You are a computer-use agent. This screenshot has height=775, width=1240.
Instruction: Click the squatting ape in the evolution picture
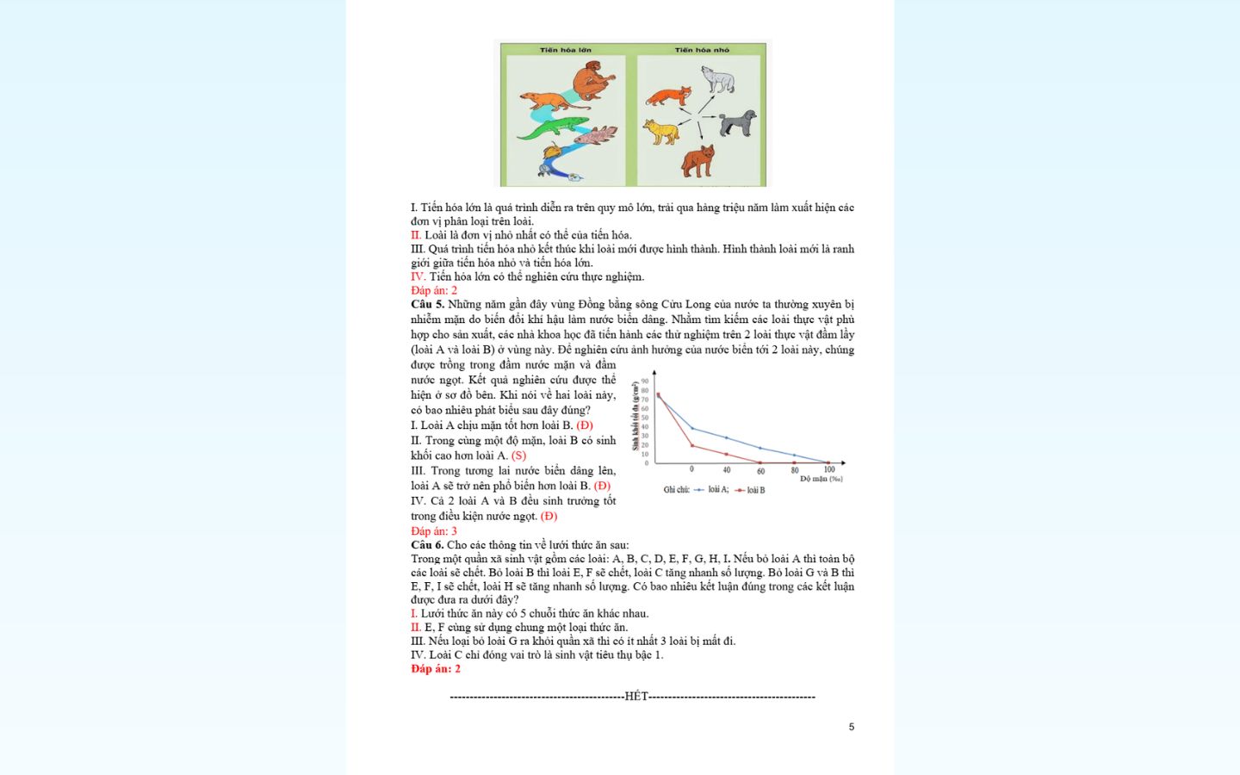tap(594, 81)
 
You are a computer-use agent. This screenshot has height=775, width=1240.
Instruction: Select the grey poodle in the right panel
tap(738, 122)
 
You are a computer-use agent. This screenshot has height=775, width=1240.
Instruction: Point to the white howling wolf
tap(717, 79)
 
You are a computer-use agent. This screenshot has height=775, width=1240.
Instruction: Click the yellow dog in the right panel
tap(661, 132)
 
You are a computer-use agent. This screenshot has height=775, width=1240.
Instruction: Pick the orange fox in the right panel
tap(669, 95)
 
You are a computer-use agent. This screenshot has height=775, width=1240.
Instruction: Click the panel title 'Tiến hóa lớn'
tap(566, 50)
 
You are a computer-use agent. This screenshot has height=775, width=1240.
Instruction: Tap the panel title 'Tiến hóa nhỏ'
tap(702, 50)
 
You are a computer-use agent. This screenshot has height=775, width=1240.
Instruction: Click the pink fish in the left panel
tap(597, 135)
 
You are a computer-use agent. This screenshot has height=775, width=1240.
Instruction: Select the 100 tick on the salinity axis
tap(829, 470)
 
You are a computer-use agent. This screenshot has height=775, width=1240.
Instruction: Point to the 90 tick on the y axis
tap(645, 381)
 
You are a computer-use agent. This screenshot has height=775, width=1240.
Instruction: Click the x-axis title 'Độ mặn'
tap(821, 479)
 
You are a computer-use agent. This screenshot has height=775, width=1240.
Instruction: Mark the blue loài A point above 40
tap(726, 437)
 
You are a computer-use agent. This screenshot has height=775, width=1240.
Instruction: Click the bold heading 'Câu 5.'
tap(427, 304)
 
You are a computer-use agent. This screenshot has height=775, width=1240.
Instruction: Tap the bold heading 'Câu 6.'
tap(427, 545)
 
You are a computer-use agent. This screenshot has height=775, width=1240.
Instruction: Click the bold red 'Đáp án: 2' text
tap(436, 669)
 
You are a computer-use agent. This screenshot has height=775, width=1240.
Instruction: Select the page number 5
tap(852, 727)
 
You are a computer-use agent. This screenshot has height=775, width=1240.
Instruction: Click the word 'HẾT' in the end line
tap(636, 697)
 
